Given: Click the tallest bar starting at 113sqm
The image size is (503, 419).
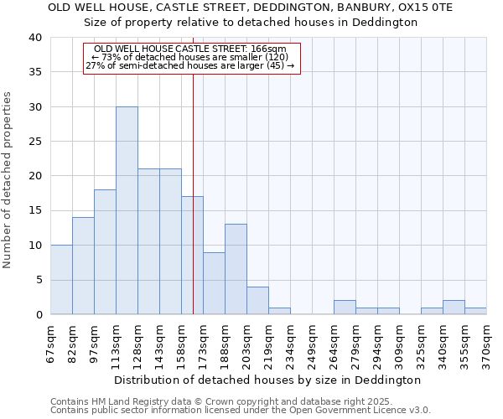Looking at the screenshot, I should click(x=127, y=210).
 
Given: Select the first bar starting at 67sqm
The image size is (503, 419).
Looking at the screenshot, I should click(x=61, y=279).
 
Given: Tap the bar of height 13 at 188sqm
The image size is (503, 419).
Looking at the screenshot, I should click(x=236, y=269).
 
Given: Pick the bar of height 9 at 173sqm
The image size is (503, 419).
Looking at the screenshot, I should click(x=214, y=283).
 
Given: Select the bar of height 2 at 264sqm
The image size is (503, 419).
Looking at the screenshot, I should click(x=345, y=307).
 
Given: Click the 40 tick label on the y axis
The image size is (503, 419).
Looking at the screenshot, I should click(x=34, y=38).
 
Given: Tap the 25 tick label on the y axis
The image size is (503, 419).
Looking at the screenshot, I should click(x=34, y=142).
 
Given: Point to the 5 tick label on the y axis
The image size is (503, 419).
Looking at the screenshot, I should click(x=38, y=280).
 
